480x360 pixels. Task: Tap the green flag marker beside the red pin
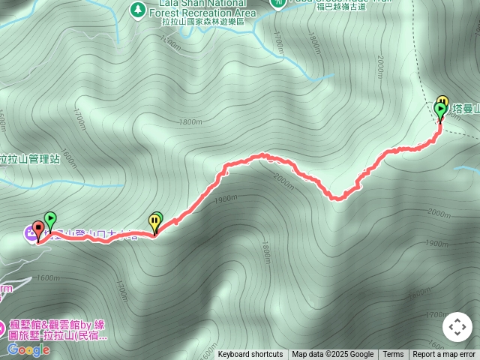coord(50,220)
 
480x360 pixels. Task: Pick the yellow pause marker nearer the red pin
coord(154,222)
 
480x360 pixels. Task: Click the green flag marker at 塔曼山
coord(440,111)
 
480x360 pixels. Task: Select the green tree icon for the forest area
coord(137,10)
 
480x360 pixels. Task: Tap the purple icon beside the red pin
coord(30,233)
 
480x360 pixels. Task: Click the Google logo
coord(28,349)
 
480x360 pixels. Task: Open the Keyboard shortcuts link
coord(250,355)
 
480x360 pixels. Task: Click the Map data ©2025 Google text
coord(332,355)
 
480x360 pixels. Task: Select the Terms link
coord(393,355)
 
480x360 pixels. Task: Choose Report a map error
coord(444,355)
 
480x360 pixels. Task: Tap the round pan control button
coord(457,327)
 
